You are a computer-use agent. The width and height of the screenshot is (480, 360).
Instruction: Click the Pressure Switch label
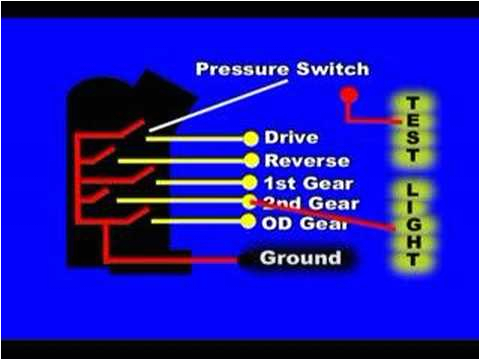(x=282, y=70)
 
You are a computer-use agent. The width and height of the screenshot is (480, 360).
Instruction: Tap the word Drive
(x=291, y=137)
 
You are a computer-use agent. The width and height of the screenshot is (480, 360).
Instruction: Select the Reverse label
(x=306, y=160)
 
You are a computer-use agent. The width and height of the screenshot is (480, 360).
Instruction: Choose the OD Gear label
(x=305, y=222)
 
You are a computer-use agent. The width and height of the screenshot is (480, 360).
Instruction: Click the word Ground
(x=300, y=258)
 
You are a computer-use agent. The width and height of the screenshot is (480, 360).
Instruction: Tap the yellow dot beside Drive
(x=250, y=137)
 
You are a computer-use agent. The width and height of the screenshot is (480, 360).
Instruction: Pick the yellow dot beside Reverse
(x=250, y=160)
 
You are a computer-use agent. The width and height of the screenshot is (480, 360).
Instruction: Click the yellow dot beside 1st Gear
(x=250, y=182)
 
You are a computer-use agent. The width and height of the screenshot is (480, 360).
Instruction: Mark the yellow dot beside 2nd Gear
(x=250, y=202)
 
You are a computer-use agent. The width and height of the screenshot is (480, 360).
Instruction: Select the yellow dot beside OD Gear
(x=250, y=221)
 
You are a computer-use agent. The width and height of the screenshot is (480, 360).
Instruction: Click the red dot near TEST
(x=348, y=96)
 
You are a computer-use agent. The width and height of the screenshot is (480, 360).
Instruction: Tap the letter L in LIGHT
(x=411, y=189)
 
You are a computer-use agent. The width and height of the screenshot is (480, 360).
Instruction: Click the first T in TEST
(x=411, y=103)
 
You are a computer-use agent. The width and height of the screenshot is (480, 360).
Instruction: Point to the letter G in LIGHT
(x=411, y=224)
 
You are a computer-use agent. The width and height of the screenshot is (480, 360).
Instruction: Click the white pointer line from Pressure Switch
(x=190, y=111)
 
